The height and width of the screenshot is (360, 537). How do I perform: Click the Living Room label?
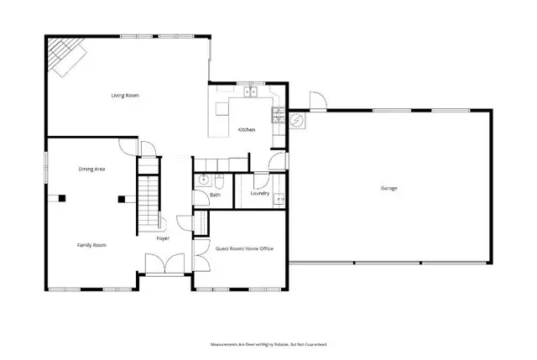(x=125, y=96)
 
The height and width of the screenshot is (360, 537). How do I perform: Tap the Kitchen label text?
(x=247, y=130)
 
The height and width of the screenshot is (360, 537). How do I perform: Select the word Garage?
(x=388, y=188)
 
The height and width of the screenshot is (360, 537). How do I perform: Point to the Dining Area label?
(x=91, y=170)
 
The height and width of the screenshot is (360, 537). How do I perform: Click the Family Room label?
(x=91, y=244)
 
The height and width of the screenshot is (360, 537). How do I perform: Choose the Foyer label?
(x=163, y=238)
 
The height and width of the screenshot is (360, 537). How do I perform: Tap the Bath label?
(x=215, y=196)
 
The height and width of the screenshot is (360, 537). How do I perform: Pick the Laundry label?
(x=259, y=194)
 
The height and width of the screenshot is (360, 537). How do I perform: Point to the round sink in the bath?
(x=203, y=180)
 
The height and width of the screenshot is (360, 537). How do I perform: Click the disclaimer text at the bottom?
(x=268, y=344)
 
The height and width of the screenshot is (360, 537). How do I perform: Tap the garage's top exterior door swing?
(x=317, y=101)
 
